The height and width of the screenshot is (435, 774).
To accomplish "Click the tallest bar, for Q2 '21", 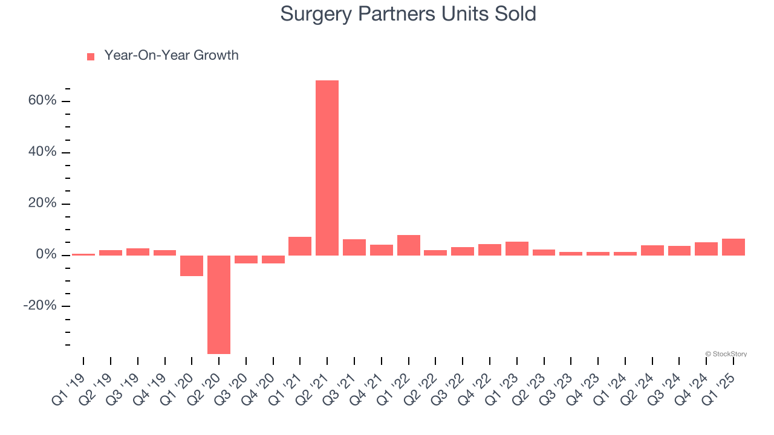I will pyautogui.click(x=327, y=168).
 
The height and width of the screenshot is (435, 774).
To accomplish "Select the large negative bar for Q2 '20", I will pyautogui.click(x=219, y=304).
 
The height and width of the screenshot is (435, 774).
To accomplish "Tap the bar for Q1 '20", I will pyautogui.click(x=192, y=266).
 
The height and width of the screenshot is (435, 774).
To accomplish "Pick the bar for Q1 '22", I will pyautogui.click(x=409, y=245).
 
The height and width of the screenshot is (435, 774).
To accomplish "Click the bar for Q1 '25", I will pyautogui.click(x=733, y=247).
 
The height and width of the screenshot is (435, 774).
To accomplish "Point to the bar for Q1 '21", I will pyautogui.click(x=300, y=246).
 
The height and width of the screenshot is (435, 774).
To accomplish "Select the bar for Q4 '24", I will pyautogui.click(x=706, y=249).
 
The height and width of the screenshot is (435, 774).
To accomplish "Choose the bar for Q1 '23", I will pyautogui.click(x=517, y=248).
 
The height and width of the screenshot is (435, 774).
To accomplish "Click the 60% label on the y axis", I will pyautogui.click(x=42, y=100).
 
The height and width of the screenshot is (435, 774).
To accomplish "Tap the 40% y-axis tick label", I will pyautogui.click(x=42, y=152).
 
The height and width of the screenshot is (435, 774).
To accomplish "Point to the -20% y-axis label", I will pyautogui.click(x=40, y=306).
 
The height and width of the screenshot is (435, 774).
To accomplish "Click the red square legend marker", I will pyautogui.click(x=91, y=57).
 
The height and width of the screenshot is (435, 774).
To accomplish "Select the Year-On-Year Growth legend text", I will pyautogui.click(x=171, y=56).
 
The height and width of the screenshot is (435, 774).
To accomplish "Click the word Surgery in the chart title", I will pyautogui.click(x=317, y=14).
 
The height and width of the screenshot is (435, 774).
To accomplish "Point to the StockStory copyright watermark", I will pyautogui.click(x=726, y=354).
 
